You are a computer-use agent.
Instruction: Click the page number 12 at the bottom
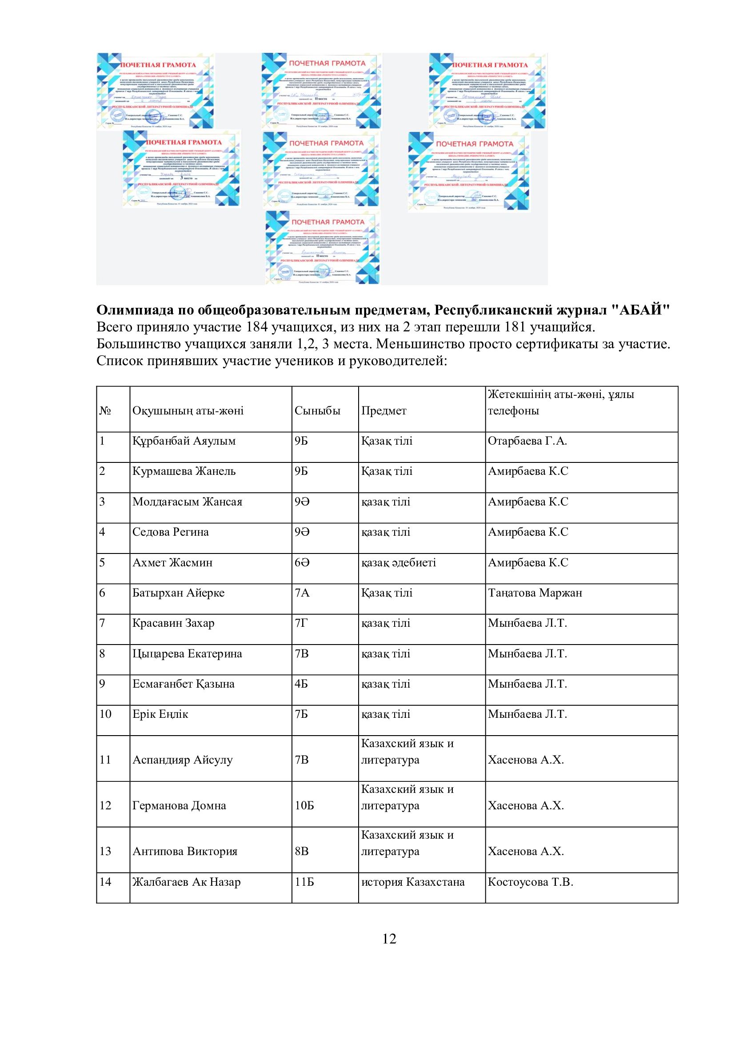pyautogui.click(x=389, y=939)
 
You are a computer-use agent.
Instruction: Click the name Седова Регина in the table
pyautogui.click(x=170, y=532)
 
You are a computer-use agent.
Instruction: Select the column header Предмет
pyautogui.click(x=383, y=411)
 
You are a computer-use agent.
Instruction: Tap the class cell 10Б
pyautogui.click(x=304, y=805)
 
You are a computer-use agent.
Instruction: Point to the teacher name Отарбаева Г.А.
pyautogui.click(x=527, y=441)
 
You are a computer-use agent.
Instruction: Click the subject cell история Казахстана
pyautogui.click(x=412, y=882)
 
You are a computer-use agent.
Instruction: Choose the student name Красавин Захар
pyautogui.click(x=173, y=623)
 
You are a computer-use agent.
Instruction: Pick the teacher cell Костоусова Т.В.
pyautogui.click(x=530, y=882)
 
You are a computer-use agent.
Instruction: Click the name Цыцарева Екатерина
pyautogui.click(x=187, y=654)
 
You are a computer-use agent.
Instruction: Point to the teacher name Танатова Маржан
pyautogui.click(x=535, y=593)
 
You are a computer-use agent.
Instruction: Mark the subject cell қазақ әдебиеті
pyautogui.click(x=398, y=562)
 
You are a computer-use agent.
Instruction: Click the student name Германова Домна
pyautogui.click(x=179, y=805)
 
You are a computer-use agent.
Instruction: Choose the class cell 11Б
pyautogui.click(x=304, y=882)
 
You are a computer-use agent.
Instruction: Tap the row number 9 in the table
pyautogui.click(x=102, y=684)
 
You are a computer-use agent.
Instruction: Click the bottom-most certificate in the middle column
pyautogui.click(x=322, y=247)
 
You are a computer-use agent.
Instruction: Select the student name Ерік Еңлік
pyautogui.click(x=160, y=714)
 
